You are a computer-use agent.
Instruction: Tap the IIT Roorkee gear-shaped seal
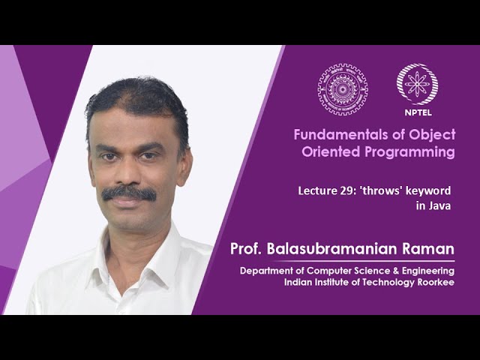pos(342,88)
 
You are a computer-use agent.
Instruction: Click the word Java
pos(438,205)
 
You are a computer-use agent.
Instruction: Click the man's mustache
pos(129,193)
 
